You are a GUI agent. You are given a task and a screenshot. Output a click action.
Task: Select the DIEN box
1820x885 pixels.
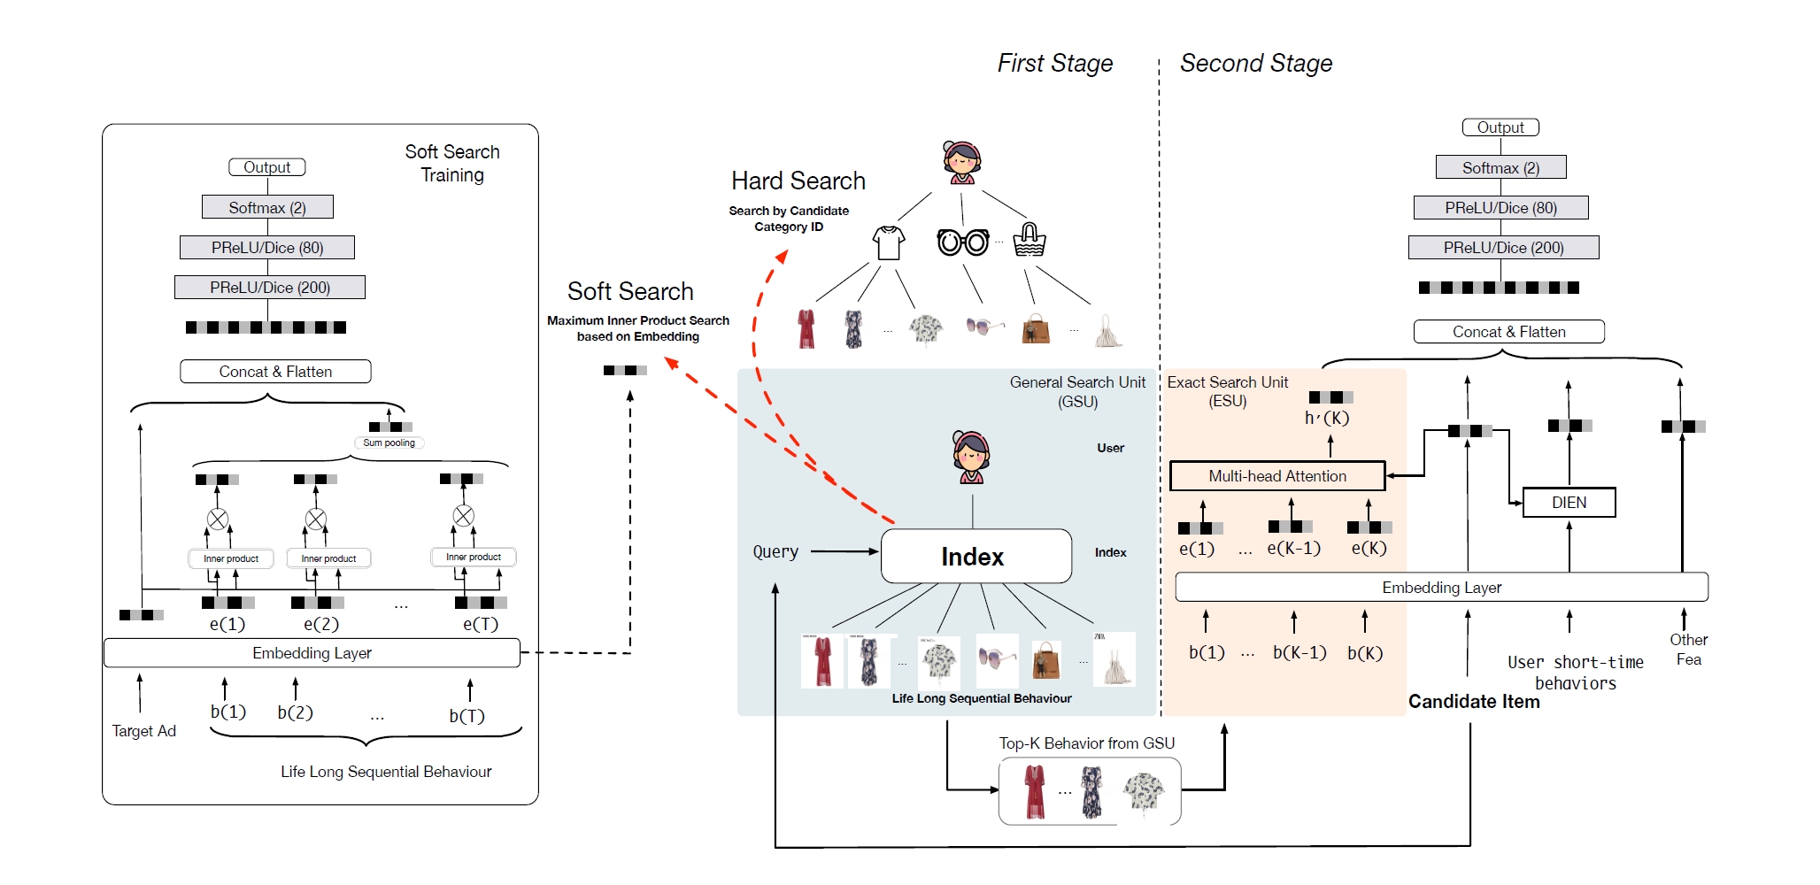pos(1569,503)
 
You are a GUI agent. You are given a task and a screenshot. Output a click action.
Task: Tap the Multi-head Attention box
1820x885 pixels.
pos(1277,476)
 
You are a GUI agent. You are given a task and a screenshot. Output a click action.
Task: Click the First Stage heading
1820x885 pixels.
pos(1054,64)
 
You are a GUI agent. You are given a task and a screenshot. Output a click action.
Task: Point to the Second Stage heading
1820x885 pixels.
pos(1255,64)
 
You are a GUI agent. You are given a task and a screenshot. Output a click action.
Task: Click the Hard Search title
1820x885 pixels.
pos(798,181)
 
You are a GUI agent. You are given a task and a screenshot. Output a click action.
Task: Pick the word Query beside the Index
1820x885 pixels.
pos(775,552)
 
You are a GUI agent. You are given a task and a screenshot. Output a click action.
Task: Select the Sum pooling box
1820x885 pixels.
pos(389,443)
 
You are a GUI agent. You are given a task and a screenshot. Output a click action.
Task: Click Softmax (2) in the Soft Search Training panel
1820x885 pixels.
pos(267,208)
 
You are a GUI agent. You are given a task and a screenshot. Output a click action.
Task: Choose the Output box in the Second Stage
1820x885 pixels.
pos(1500,128)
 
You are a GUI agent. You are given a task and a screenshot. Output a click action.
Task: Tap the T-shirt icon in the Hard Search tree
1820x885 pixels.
pos(889,242)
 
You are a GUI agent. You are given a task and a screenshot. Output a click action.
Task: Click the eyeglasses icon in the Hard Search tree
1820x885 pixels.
pos(963,242)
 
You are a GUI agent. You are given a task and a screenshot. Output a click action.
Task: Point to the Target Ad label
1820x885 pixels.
pos(144,731)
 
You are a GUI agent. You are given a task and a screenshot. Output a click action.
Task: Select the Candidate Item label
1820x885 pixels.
pos(1474,702)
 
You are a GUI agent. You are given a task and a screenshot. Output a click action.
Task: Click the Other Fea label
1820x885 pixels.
pos(1688,650)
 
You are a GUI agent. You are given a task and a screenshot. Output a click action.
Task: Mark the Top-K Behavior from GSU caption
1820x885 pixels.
pos(1086,743)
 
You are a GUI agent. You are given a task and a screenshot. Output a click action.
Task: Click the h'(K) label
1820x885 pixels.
pos(1327,419)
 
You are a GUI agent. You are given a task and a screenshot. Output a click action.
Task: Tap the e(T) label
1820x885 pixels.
pos(481,624)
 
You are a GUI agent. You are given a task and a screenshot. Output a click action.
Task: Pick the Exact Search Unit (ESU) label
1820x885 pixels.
pos(1228,391)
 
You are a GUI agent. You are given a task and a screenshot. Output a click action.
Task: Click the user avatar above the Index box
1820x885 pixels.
pos(971,457)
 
